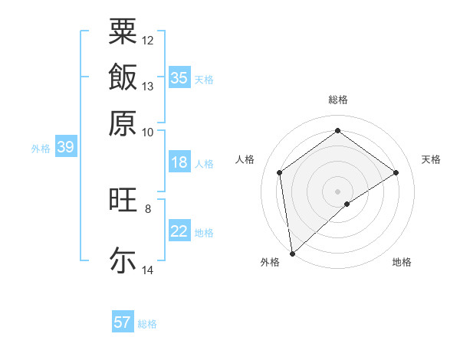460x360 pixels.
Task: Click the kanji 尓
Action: pos(123,259)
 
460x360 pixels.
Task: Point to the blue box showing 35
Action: pos(179,78)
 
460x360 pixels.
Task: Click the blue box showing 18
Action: pos(179,162)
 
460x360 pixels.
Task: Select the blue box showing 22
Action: pos(179,231)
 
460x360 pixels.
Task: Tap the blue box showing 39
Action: pos(65,148)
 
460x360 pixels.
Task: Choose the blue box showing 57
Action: pos(123,322)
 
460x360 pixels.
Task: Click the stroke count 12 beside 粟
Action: pos(148,40)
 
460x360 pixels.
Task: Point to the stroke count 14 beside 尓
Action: pos(148,270)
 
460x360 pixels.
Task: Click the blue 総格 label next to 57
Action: pos(147,324)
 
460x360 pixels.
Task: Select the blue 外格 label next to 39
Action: pos(41,149)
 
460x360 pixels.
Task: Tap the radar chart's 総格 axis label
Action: pos(337,100)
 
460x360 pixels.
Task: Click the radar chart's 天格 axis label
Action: pos(431,159)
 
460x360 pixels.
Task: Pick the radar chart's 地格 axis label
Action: pos(402,262)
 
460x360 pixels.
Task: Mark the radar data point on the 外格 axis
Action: pos(291,253)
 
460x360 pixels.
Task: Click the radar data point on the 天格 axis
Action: pos(396,172)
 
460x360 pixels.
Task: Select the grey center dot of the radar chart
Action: pos(337,191)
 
